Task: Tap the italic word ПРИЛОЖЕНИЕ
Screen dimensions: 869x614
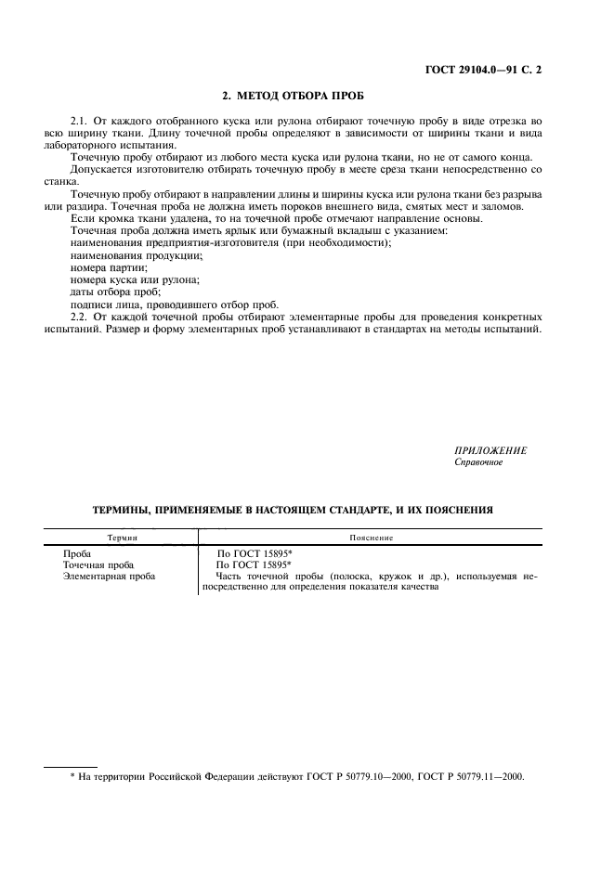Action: pyautogui.click(x=490, y=450)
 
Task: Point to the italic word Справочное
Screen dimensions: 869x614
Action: pyautogui.click(x=478, y=462)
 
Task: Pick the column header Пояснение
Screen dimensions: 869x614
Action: pyautogui.click(x=371, y=538)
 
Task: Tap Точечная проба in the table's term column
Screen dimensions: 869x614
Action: pyautogui.click(x=98, y=564)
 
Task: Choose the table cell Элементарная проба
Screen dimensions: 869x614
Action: pyautogui.click(x=109, y=576)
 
